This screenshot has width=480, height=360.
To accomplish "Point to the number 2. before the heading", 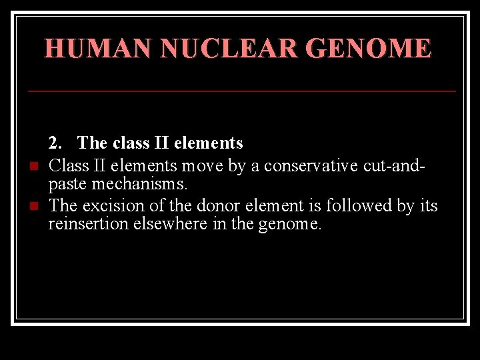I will pyautogui.click(x=55, y=143).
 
